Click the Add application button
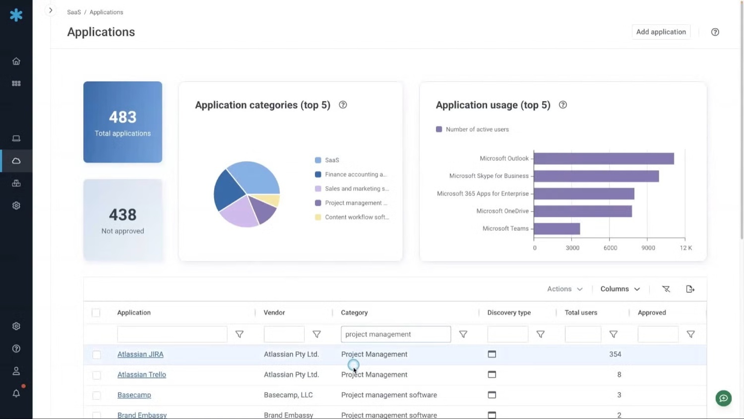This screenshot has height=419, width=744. (x=661, y=32)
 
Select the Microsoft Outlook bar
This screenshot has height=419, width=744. (x=604, y=158)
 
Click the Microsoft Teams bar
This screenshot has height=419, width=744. (x=557, y=228)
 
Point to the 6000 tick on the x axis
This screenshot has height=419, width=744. (x=610, y=248)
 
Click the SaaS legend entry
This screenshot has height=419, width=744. (x=332, y=160)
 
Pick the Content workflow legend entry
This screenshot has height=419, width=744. (x=356, y=217)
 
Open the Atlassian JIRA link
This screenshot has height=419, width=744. (x=140, y=354)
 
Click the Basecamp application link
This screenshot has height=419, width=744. (x=134, y=395)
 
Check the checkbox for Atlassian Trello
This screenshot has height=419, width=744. (x=97, y=375)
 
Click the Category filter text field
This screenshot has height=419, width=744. (x=395, y=334)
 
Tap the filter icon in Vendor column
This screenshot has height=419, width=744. (x=316, y=334)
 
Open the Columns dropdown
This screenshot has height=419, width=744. (x=620, y=289)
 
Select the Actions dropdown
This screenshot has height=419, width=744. (x=564, y=289)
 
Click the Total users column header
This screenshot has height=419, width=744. (x=581, y=313)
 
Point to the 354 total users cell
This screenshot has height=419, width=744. (x=615, y=354)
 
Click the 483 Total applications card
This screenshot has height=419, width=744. (x=123, y=122)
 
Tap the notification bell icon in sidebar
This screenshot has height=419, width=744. (x=16, y=393)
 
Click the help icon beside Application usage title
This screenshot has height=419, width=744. (x=563, y=105)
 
